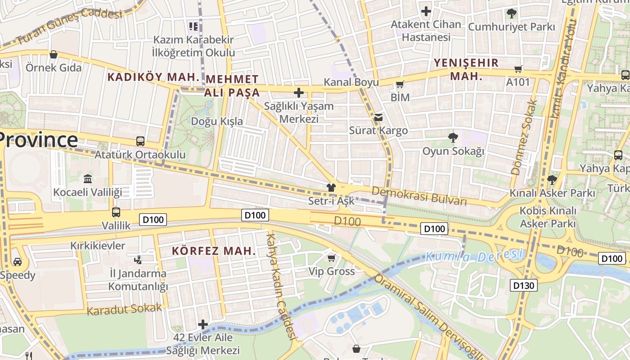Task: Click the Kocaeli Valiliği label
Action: pos(88,193)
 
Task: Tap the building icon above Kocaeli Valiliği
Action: pos(88,179)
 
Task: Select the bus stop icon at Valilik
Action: pos(116,212)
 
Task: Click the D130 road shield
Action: pos(524,285)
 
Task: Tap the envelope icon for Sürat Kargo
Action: pos(378,117)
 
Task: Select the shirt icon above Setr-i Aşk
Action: pos(331,187)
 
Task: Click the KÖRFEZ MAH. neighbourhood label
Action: pos(214,251)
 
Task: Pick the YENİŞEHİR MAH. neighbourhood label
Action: pos(466,69)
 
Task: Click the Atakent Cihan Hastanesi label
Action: pos(426,31)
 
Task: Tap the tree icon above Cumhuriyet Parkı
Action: pos(511,13)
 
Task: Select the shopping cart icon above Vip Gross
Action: pos(332,258)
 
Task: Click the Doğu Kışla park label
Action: pos(217,121)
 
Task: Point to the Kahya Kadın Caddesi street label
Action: pos(282,286)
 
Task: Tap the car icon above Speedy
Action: pos(17,261)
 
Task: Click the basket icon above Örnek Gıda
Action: pos(54,54)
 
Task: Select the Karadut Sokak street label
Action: pos(124,310)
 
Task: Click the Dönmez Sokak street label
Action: pos(524,137)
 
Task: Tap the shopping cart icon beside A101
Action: pos(518,69)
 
